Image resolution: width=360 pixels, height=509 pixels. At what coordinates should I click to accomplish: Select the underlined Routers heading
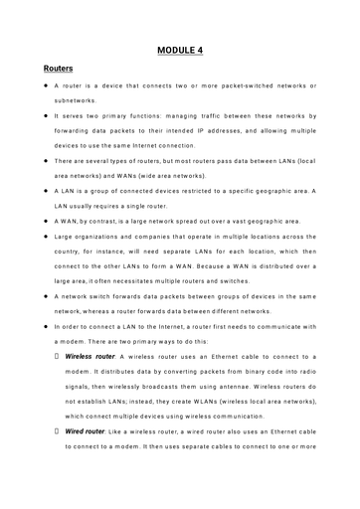coord(65,71)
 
